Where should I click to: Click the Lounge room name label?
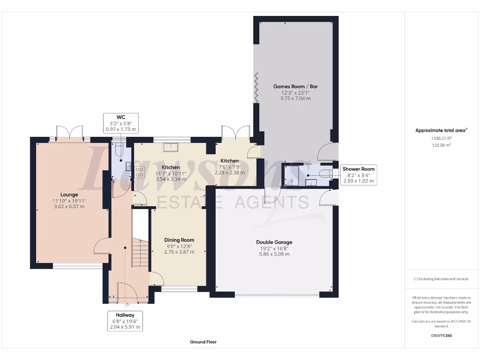(69, 195)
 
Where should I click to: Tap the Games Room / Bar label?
(295, 87)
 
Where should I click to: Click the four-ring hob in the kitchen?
(139, 172)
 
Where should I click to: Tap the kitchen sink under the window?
(170, 148)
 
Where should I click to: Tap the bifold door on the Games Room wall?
(256, 88)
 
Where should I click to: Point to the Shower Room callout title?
(359, 169)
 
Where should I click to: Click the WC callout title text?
(120, 116)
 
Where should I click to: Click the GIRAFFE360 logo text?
(441, 336)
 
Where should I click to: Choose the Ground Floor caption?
(203, 342)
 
